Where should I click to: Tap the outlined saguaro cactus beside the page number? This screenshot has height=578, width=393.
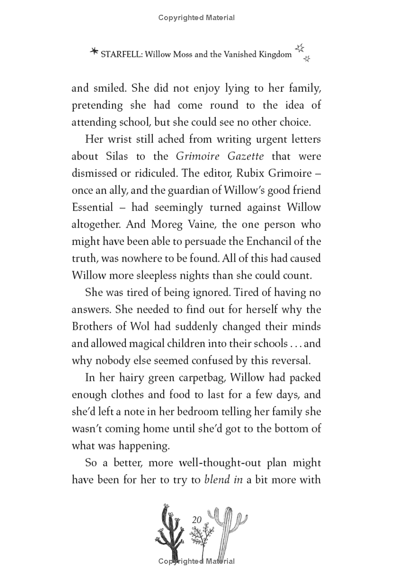point(227,530)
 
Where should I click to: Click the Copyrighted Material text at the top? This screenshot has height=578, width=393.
point(196,18)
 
